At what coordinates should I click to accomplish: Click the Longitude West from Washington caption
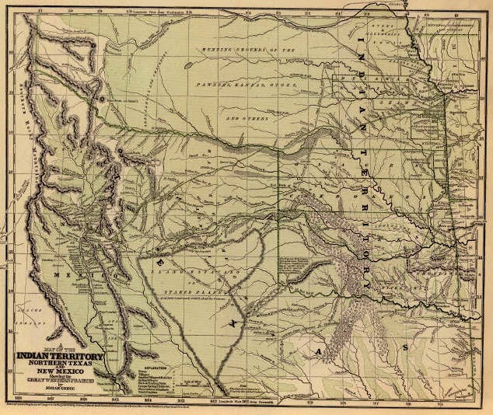click(176, 12)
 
